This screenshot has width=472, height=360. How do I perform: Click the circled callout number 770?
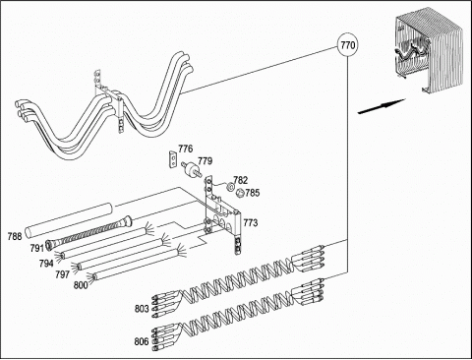click(x=347, y=44)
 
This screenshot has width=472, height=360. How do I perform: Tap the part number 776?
click(x=186, y=149)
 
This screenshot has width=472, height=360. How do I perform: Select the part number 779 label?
click(x=206, y=161)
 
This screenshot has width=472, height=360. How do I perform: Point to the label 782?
click(x=241, y=180)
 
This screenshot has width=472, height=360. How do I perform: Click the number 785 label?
click(x=253, y=193)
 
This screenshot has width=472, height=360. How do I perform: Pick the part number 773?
click(x=251, y=223)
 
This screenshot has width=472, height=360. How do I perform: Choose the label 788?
click(x=15, y=236)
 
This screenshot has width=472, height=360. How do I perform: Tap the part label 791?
click(x=37, y=248)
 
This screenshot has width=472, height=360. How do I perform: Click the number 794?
click(x=46, y=263)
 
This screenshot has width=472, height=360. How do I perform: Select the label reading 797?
click(x=62, y=274)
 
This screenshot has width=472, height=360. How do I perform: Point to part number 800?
click(x=81, y=285)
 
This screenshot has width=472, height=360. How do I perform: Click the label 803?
click(x=142, y=309)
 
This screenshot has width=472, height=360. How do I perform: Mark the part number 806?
click(x=142, y=341)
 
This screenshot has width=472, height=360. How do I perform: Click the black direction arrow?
click(x=382, y=106)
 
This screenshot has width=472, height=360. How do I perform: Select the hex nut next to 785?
click(x=240, y=194)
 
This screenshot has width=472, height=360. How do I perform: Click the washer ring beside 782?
click(x=230, y=186)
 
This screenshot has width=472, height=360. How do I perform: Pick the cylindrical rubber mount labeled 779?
click(x=191, y=167)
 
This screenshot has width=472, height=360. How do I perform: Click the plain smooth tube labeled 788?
click(x=69, y=220)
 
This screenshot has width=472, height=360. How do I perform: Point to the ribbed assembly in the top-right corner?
click(x=429, y=51)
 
